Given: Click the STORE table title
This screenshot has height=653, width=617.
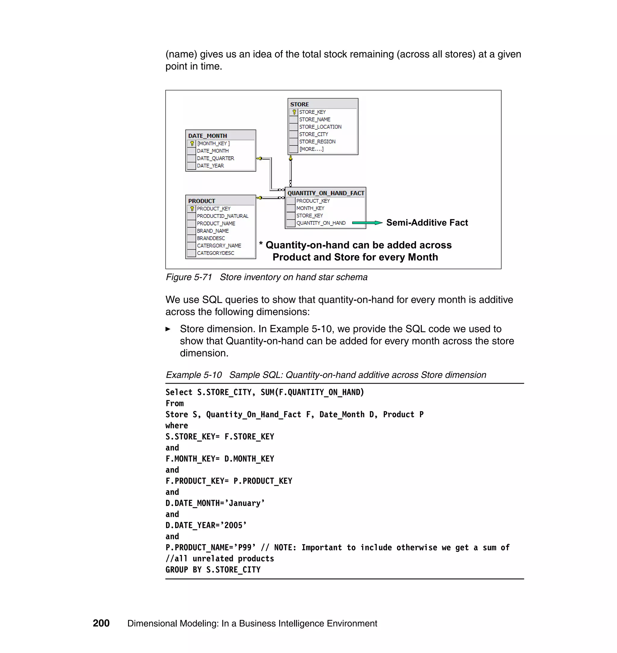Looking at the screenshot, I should [x=299, y=104].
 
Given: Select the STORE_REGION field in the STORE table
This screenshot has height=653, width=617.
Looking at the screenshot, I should [x=317, y=142].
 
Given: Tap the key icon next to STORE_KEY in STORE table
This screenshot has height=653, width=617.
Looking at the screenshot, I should [x=294, y=112].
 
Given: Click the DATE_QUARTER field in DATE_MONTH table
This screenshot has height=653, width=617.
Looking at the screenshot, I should [x=215, y=158].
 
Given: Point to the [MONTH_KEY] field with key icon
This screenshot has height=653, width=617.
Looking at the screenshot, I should [x=213, y=144].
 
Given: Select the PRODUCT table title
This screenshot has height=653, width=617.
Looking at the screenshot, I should [x=201, y=201].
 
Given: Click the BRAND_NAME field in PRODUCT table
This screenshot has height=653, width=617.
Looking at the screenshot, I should [x=212, y=231].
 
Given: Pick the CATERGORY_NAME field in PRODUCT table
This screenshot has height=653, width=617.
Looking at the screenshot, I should [x=219, y=245].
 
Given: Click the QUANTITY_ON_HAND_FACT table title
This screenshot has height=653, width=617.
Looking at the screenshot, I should [x=326, y=193].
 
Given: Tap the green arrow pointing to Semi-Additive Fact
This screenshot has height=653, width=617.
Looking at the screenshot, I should [x=367, y=223].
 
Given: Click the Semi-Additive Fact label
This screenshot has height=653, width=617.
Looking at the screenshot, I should [x=427, y=223].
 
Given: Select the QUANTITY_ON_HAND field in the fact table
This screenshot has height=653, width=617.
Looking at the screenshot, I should [x=321, y=223].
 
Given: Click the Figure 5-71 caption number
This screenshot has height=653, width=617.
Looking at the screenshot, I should [x=189, y=277].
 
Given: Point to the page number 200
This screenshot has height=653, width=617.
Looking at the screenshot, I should [x=101, y=623].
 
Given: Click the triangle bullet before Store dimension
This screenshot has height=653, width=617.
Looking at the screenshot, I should [x=168, y=329].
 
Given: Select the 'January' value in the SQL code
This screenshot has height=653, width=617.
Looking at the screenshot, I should [x=246, y=503].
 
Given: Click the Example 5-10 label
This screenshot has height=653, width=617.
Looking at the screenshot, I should [x=193, y=375].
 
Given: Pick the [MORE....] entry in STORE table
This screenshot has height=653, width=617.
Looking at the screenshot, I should [x=311, y=149].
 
